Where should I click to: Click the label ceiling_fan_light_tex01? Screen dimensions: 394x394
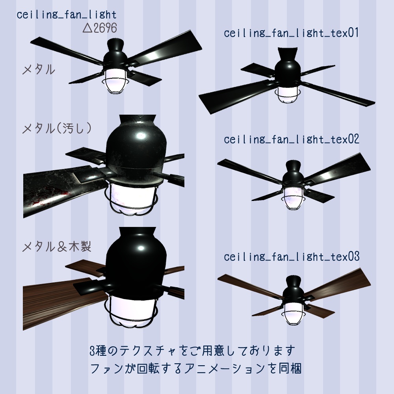tap(292, 33)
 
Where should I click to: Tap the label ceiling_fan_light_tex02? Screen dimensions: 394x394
tap(292, 140)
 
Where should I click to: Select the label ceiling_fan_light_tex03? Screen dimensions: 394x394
tap(292, 257)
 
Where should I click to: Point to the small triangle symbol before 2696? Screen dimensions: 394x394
tap(87, 28)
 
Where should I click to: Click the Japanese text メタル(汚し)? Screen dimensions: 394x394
tap(58, 128)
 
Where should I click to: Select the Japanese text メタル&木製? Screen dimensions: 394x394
tap(58, 247)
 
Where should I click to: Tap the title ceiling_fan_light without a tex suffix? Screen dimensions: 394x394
tap(67, 15)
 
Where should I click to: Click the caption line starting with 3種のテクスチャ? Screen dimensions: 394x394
tap(192, 350)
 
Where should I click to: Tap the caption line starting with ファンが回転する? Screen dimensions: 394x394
tap(196, 369)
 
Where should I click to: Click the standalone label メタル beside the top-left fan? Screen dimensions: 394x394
tap(39, 71)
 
